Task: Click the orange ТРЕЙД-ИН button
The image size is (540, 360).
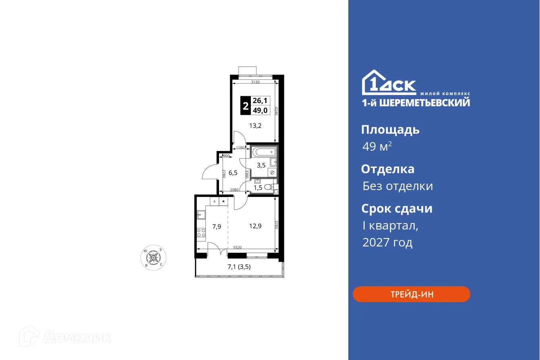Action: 411,294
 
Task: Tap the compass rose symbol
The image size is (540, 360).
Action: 153,257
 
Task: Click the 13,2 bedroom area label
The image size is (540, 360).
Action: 255,125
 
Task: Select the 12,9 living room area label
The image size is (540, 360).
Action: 255,226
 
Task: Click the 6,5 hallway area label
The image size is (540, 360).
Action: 233,173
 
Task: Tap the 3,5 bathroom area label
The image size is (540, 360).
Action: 261,165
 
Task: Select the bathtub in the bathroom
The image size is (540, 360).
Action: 264,152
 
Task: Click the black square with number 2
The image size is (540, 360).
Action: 245,107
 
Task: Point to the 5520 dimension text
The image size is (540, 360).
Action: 238,247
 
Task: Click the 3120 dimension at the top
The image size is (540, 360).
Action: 255,82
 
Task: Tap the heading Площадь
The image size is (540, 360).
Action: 390,130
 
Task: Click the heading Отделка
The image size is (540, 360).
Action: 387,169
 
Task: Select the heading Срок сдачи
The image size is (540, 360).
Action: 397,209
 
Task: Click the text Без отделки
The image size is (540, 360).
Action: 397,186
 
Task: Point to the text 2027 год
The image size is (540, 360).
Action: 387,242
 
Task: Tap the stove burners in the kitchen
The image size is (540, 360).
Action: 201,232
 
